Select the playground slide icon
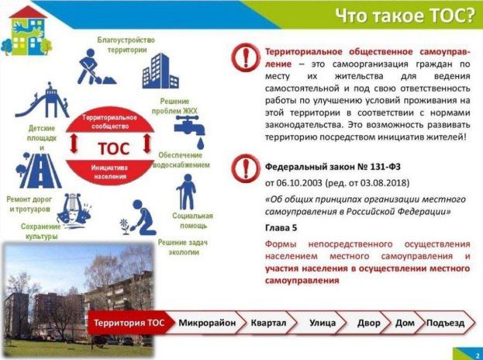click(46, 101)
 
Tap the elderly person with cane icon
click(186, 192)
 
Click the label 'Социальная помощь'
click(192, 220)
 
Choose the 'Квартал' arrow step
click(269, 322)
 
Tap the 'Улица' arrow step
click(322, 322)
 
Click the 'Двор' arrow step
click(368, 322)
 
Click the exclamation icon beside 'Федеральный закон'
click(246, 168)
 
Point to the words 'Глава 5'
click(281, 229)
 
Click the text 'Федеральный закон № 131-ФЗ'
click(333, 167)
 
